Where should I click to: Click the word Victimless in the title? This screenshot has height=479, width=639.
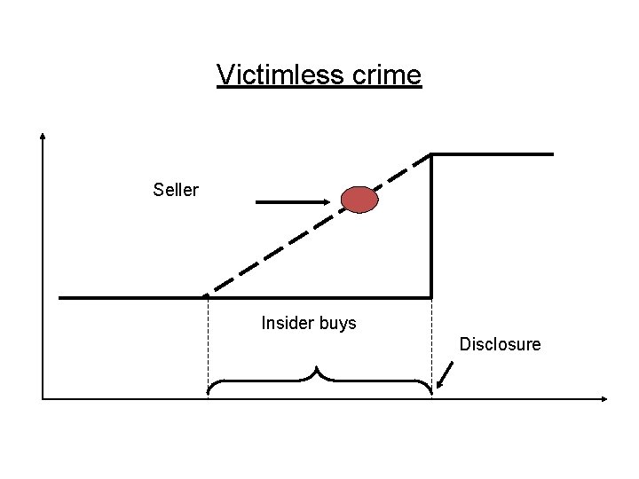tap(272, 75)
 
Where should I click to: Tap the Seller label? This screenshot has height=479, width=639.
tap(176, 190)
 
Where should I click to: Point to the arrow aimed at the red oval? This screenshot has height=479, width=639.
tap(293, 202)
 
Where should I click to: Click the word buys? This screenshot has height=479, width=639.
tap(337, 324)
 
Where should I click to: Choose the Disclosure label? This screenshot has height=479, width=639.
tap(500, 344)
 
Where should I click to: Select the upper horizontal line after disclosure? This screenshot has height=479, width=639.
tap(493, 154)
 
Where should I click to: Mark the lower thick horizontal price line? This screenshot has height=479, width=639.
tap(133, 297)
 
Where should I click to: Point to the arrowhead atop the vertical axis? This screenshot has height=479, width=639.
tap(43, 138)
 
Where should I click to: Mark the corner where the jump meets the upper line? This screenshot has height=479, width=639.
tap(431, 154)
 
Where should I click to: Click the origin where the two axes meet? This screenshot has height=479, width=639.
tap(43, 398)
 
